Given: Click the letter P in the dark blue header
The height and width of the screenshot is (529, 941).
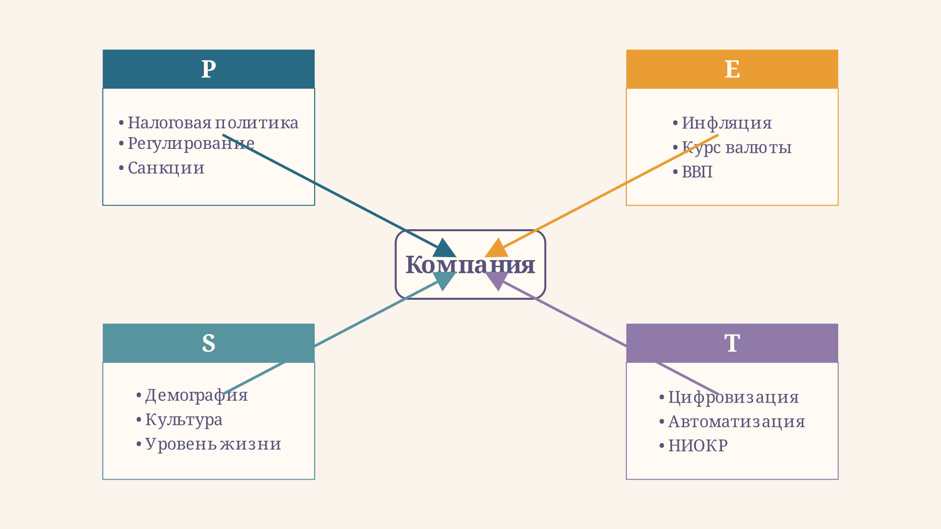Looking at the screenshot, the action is [208, 69].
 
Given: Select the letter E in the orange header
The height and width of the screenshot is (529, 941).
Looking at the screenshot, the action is [732, 69].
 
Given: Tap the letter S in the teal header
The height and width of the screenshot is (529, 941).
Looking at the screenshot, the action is [208, 343].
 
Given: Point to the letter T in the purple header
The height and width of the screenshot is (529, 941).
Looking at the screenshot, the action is [732, 343].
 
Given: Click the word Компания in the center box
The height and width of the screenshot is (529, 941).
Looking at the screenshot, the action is [470, 265].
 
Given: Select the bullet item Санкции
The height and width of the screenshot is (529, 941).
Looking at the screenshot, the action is [162, 168].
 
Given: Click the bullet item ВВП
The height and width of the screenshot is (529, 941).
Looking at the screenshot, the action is [693, 172].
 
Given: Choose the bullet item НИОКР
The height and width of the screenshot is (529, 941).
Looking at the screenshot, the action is [693, 446].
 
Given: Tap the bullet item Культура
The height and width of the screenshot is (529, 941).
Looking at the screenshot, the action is [179, 420].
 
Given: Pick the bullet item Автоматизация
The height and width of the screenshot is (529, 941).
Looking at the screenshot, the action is [732, 421].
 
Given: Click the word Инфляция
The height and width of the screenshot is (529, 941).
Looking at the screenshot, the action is [727, 123].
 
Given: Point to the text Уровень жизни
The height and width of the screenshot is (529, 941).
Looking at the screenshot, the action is [213, 444].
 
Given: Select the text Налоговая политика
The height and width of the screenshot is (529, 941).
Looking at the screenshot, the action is [213, 123].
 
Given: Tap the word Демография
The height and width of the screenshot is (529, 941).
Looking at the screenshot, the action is [197, 395].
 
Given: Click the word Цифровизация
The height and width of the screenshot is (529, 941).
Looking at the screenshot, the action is [734, 397].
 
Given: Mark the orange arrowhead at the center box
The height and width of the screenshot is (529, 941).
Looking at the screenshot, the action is [496, 248].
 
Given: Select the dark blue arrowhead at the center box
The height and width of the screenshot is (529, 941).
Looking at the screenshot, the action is [444, 248].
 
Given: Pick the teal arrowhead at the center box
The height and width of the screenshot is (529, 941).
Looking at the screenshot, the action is [444, 281].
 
